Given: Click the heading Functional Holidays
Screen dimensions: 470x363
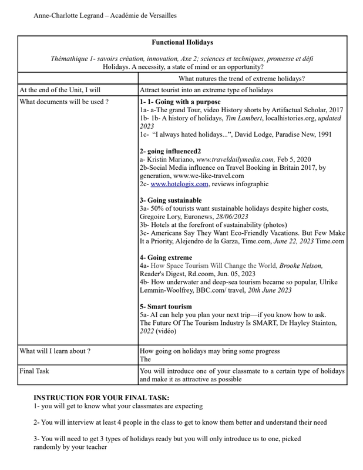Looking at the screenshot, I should [x=182, y=42].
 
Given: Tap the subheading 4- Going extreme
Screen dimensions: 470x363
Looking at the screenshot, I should [x=166, y=257].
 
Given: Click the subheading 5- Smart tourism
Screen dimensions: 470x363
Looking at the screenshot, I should [x=166, y=306].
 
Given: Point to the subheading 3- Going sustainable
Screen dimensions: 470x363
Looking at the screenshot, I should [x=170, y=200].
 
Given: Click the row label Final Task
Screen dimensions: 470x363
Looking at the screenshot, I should [x=35, y=371].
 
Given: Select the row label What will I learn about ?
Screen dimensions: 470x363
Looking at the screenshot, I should [x=55, y=351].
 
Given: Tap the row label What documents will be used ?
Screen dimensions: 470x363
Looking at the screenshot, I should [x=64, y=102].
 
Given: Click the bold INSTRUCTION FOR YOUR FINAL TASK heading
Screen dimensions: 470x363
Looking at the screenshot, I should [x=101, y=398].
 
